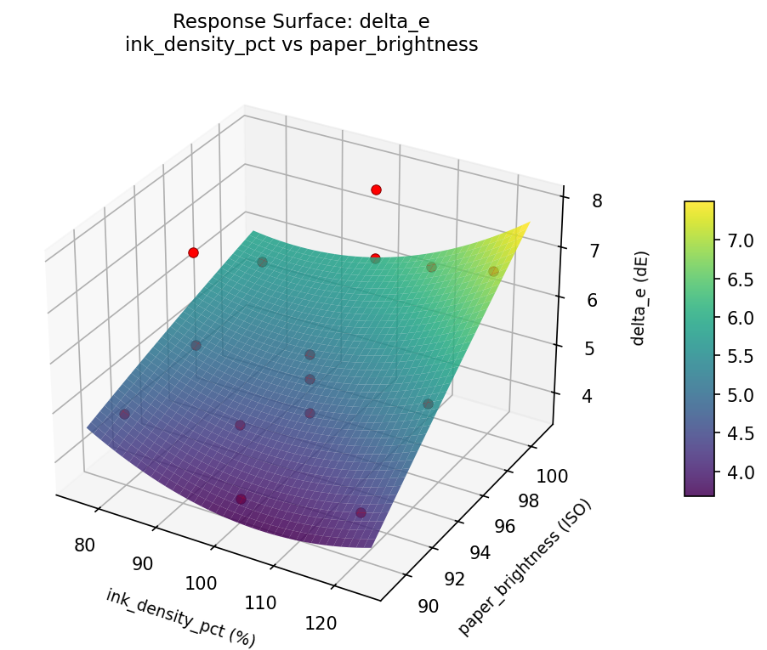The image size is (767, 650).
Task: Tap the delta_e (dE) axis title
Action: click(639, 298)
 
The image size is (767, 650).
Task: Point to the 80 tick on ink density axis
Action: click(84, 545)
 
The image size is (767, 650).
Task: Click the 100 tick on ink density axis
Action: click(202, 583)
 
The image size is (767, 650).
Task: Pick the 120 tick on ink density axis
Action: click(321, 623)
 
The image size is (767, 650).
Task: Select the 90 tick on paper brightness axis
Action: click(428, 605)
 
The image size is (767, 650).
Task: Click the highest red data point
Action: click(376, 189)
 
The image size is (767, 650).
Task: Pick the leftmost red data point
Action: click(193, 252)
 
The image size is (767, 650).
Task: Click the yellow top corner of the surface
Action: click(527, 224)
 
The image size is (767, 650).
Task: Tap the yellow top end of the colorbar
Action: click(699, 205)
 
